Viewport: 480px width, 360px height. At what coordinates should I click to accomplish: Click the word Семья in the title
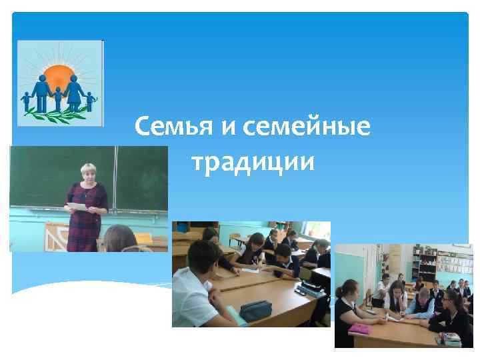click(x=173, y=125)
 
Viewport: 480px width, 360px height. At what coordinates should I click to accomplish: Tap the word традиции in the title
click(x=252, y=161)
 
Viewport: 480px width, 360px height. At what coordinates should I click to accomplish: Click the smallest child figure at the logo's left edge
click(x=26, y=101)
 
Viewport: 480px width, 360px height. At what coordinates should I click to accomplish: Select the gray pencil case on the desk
click(x=255, y=310)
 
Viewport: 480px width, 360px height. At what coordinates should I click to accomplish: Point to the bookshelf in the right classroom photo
click(x=424, y=263)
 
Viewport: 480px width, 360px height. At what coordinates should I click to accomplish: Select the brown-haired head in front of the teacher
click(x=119, y=238)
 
